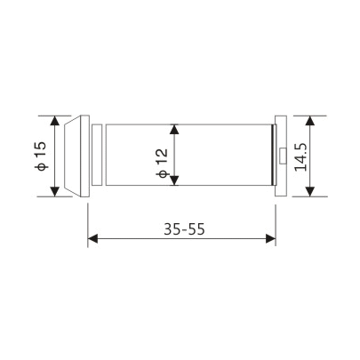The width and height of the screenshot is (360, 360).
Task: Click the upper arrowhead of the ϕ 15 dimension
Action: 56,119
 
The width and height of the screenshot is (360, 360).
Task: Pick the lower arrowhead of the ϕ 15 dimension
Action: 56,192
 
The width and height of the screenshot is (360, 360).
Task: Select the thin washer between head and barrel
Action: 100,156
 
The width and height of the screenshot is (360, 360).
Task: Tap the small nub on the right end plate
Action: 281,156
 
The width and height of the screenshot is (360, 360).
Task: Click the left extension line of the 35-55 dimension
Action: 88,222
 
